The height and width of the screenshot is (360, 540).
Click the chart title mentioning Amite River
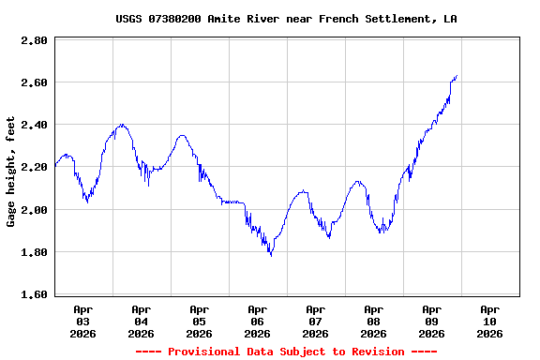click(286, 19)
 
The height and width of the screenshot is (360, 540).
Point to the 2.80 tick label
click(34, 41)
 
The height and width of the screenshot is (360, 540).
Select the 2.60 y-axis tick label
click(34, 83)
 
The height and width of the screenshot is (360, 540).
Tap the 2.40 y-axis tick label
click(34, 126)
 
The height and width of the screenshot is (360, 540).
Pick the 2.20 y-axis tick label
click(34, 168)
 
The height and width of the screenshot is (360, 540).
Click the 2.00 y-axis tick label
click(34, 210)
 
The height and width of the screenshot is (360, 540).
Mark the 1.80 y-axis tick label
click(34, 252)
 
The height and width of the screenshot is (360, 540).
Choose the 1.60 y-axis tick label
click(34, 294)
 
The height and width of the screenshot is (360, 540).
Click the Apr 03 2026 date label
click(83, 321)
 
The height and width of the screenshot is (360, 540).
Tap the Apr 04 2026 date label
click(142, 321)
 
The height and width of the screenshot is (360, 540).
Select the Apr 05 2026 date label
click(200, 321)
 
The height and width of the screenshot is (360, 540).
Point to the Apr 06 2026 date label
click(258, 321)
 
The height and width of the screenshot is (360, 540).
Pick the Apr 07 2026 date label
click(316, 321)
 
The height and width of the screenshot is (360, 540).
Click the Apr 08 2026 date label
click(374, 321)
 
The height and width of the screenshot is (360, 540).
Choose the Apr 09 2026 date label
click(432, 321)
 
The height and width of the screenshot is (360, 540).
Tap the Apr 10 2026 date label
click(490, 321)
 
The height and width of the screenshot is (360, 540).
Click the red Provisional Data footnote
click(286, 352)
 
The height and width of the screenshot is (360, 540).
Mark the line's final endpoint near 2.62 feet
click(457, 76)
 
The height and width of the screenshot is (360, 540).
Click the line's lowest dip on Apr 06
click(271, 255)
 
